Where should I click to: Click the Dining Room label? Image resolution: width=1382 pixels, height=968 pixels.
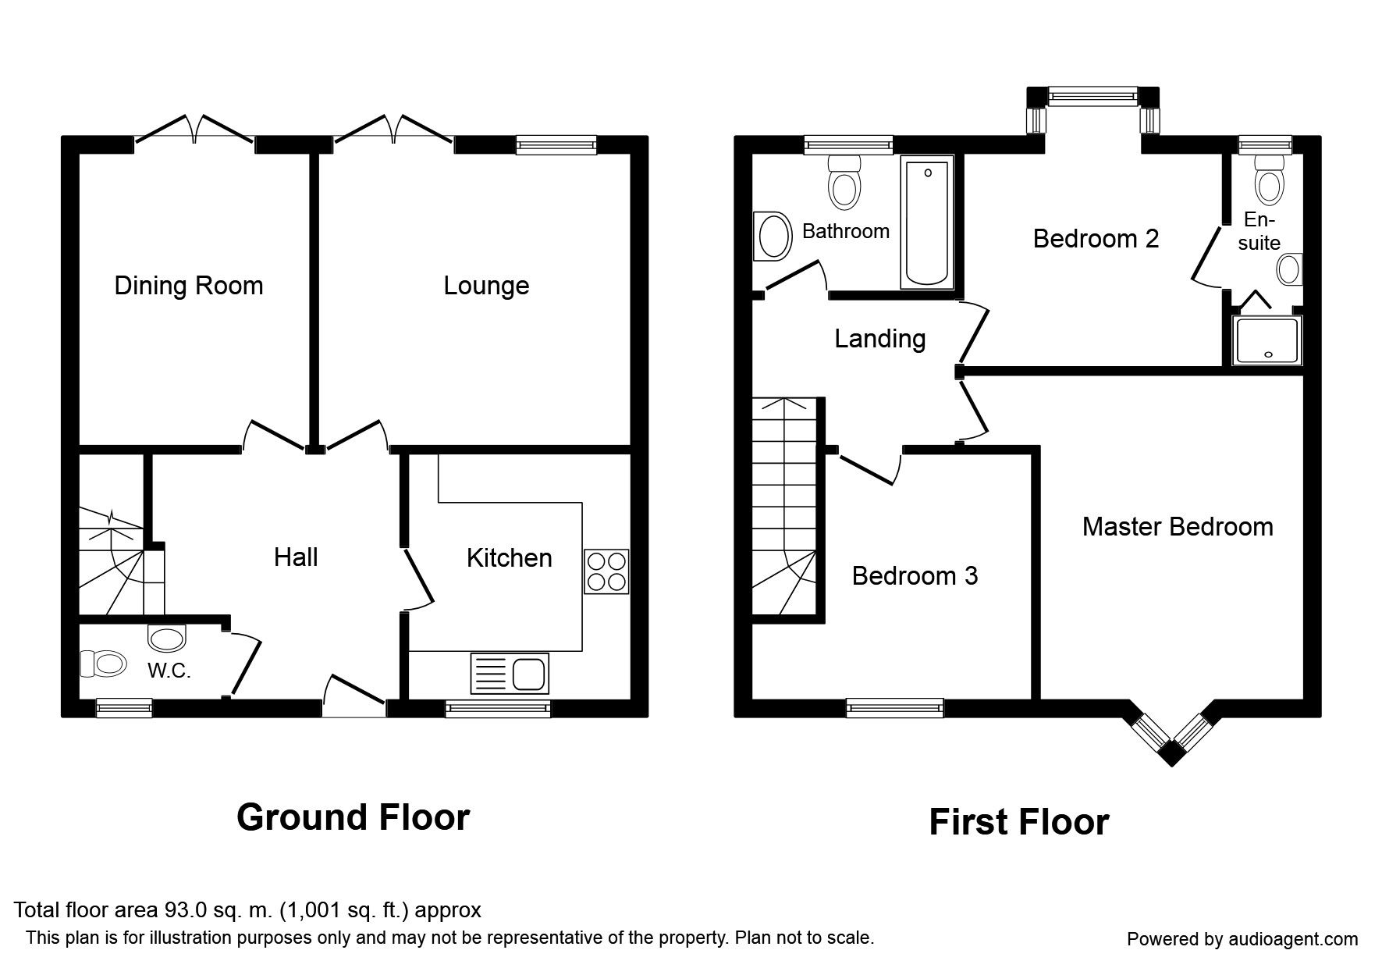click(x=188, y=286)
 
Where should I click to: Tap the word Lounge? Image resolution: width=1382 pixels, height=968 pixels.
click(x=486, y=286)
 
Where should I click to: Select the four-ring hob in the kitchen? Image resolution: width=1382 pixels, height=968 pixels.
click(x=606, y=572)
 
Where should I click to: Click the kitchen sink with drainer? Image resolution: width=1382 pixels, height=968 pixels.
click(x=510, y=674)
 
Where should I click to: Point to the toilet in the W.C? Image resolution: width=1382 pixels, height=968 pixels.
click(x=104, y=664)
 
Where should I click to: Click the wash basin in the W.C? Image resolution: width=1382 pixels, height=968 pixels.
click(x=167, y=638)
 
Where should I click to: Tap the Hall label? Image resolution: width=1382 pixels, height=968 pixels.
click(x=296, y=557)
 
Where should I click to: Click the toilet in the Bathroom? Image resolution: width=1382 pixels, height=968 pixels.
click(x=844, y=181)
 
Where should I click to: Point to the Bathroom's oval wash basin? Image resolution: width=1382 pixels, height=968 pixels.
click(x=773, y=237)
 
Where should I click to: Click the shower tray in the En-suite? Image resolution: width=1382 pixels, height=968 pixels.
click(x=1266, y=340)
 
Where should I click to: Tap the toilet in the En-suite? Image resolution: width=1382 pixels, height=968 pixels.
click(x=1270, y=180)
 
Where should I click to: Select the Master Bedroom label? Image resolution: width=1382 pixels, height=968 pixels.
click(x=1177, y=527)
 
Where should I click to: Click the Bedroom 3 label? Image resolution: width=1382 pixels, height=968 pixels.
click(x=915, y=576)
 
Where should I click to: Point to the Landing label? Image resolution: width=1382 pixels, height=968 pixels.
click(x=879, y=339)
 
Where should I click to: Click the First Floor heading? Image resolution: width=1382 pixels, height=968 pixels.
click(x=1018, y=822)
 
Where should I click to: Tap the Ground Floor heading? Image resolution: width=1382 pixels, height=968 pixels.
click(x=353, y=817)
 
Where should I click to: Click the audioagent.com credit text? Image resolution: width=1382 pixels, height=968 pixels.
click(x=1242, y=939)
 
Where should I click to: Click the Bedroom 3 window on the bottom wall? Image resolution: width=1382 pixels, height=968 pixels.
click(x=895, y=709)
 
